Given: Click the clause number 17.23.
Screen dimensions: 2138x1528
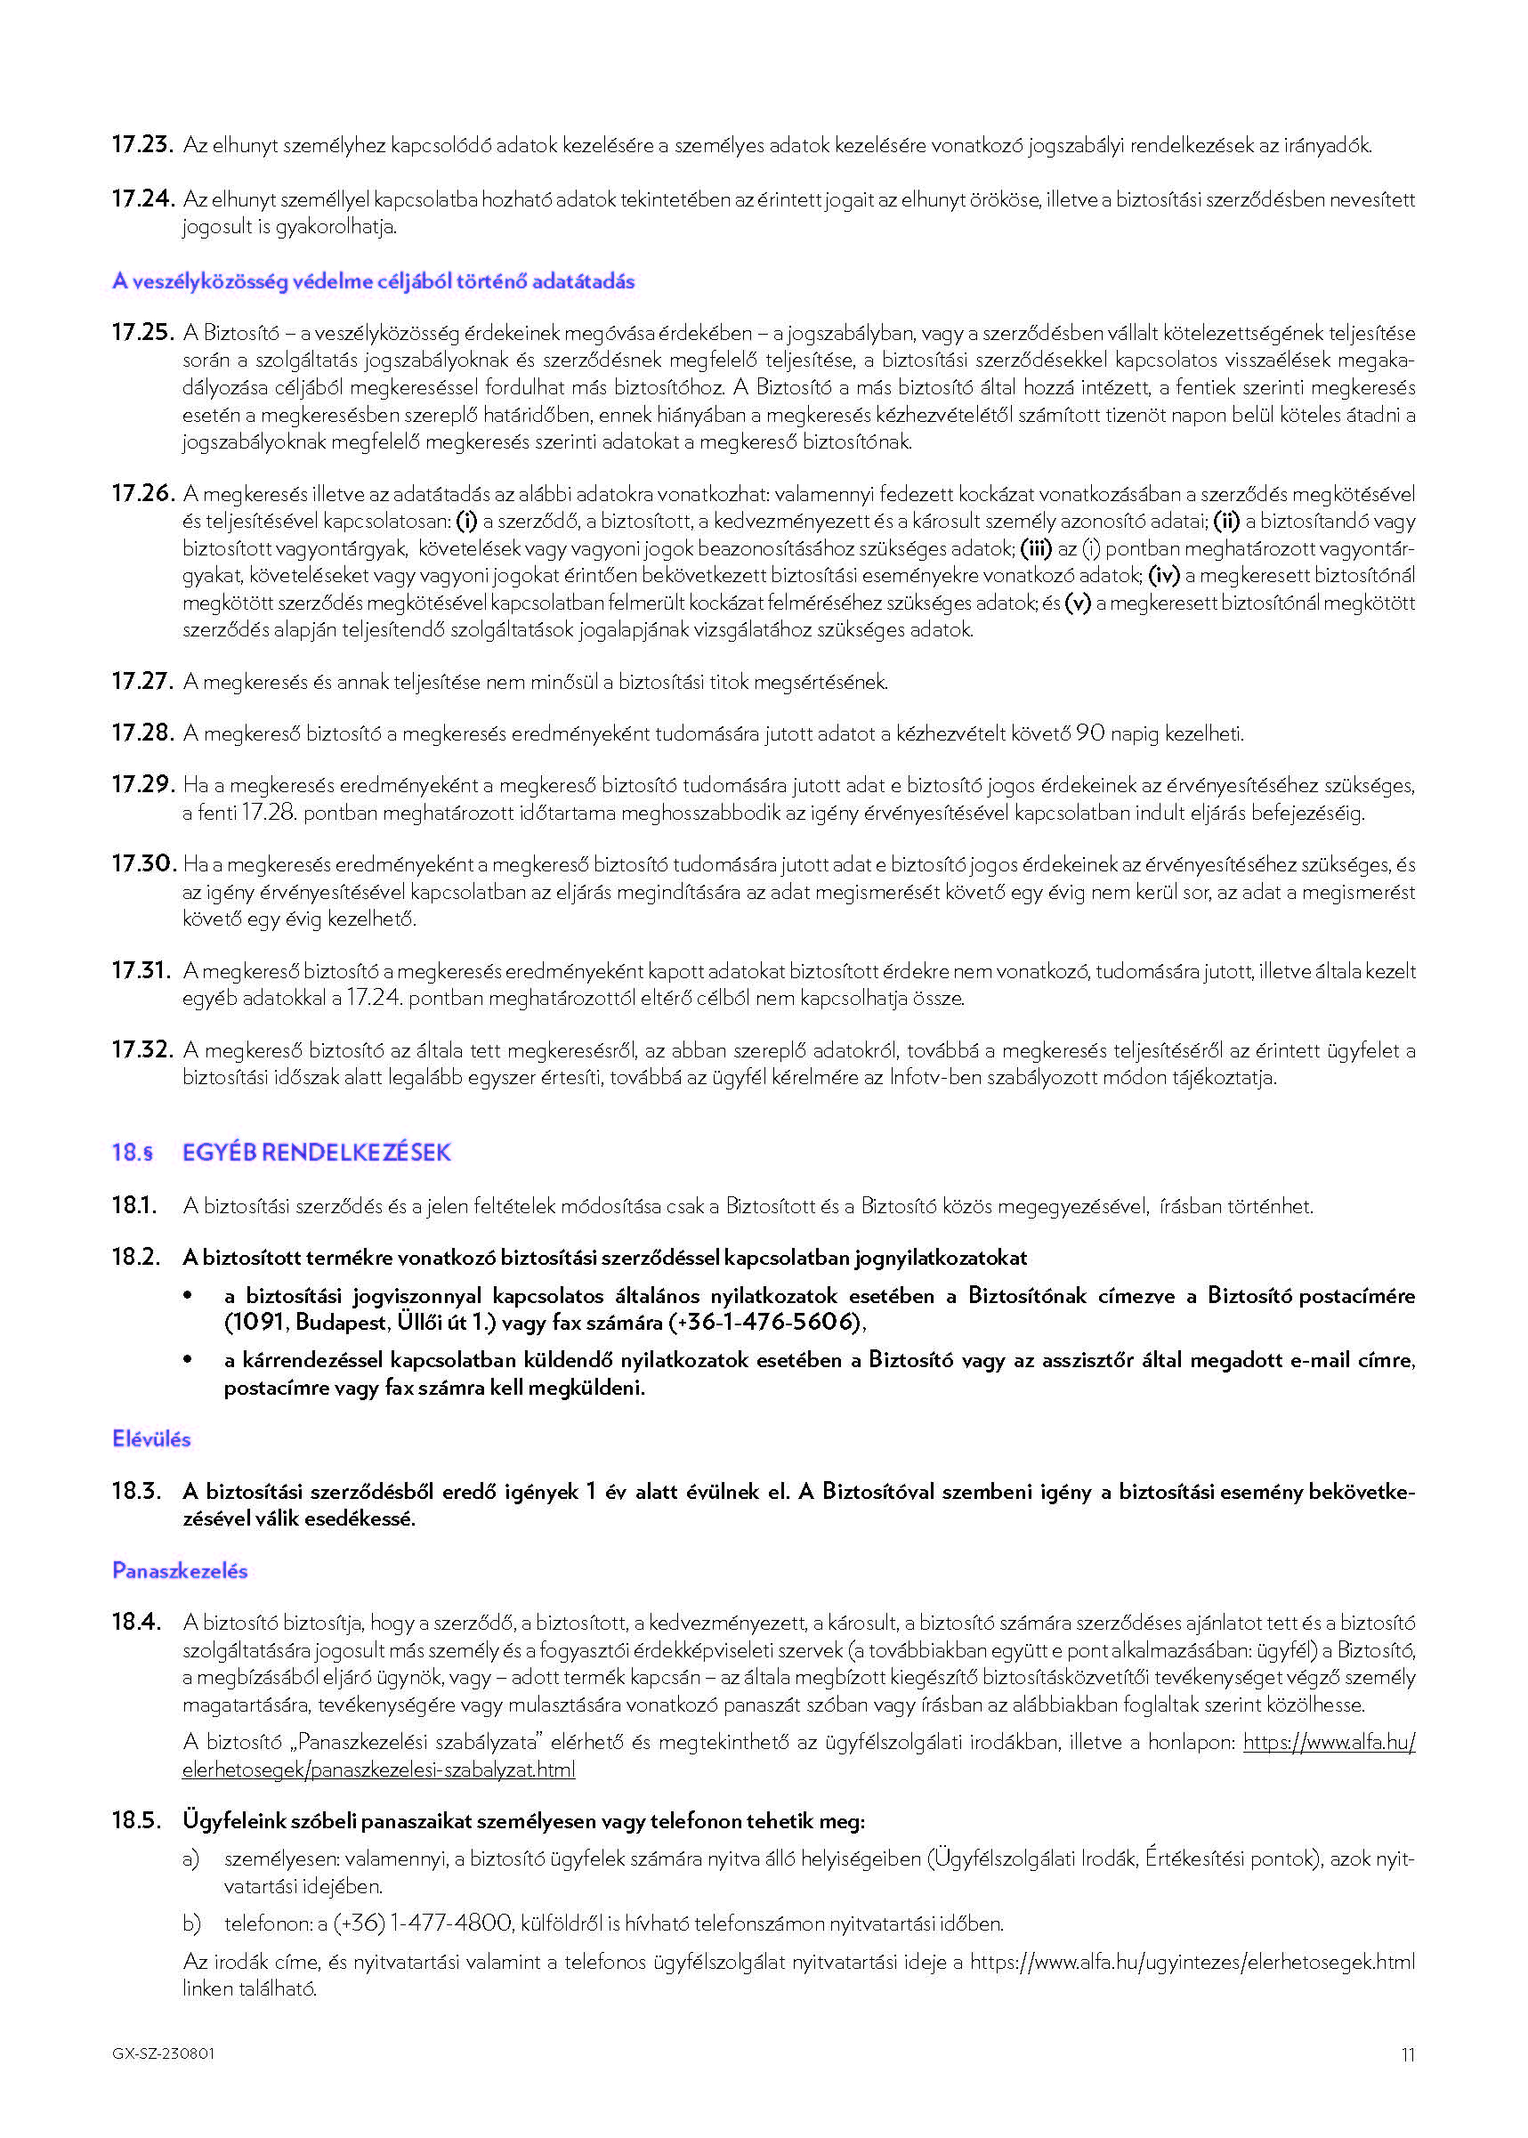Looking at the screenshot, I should [x=142, y=145].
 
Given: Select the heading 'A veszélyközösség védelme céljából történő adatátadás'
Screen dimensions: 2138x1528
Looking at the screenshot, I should [x=373, y=281].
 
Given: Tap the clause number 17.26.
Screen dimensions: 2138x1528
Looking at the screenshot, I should [x=142, y=494].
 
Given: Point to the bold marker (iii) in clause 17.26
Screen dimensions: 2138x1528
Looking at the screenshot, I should [x=1036, y=548].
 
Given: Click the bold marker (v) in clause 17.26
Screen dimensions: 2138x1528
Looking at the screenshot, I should [x=1078, y=603].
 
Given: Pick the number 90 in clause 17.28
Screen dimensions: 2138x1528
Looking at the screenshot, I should [x=1089, y=733].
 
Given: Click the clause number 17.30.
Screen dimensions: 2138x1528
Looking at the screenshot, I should [x=143, y=864].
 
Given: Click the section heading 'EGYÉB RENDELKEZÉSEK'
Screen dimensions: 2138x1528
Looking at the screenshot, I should [x=317, y=1153].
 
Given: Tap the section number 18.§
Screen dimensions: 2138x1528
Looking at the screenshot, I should [x=132, y=1153].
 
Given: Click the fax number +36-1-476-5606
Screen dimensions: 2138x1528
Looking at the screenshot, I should [x=766, y=1323].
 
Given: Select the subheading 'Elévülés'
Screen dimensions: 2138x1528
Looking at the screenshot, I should [x=151, y=1438].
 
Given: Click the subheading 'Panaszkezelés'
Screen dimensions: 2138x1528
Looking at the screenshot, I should [x=180, y=1570].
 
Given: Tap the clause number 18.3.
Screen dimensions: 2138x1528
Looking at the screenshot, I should [x=136, y=1492].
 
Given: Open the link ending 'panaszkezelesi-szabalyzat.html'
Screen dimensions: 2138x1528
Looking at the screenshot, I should [x=378, y=1770].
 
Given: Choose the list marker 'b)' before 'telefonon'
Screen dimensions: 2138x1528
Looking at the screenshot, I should [x=192, y=1923].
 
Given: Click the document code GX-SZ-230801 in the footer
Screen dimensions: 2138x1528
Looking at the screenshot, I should [x=163, y=2053].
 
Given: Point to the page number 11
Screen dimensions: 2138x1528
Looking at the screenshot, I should [x=1408, y=2054].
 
